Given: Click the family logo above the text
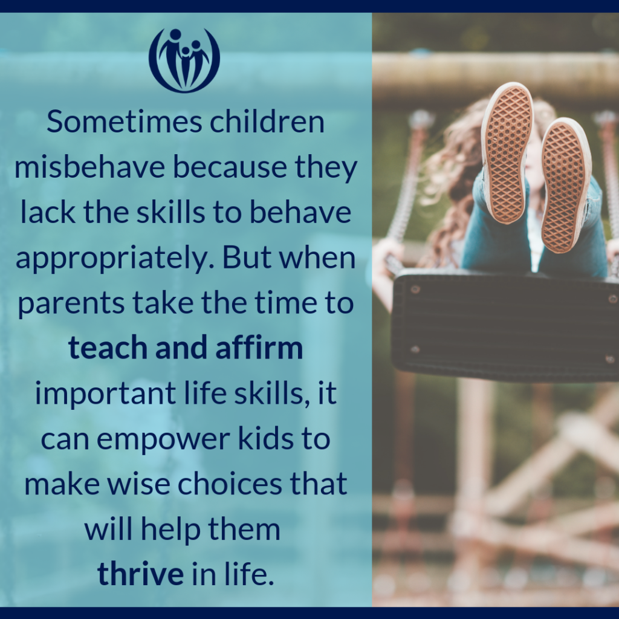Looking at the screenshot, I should (184, 59).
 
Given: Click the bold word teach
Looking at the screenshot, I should (105, 349).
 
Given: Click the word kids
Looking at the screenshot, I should (271, 439).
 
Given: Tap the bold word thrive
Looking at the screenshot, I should (140, 574).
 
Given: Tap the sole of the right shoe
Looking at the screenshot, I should (565, 184).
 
